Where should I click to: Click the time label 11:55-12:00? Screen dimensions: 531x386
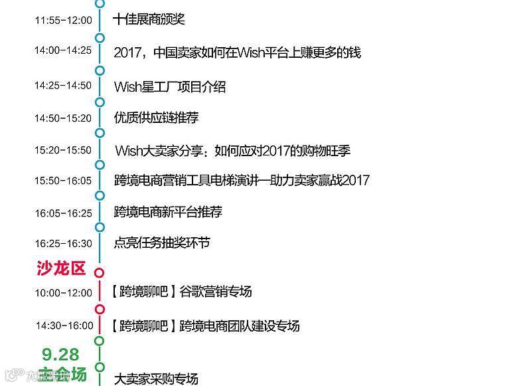pyautogui.click(x=63, y=21)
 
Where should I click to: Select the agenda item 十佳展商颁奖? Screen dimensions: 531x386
pyautogui.click(x=149, y=19)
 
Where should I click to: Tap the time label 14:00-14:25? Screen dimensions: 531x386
pyautogui.click(x=63, y=50)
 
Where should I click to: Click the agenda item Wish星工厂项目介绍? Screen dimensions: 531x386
pyautogui.click(x=170, y=87)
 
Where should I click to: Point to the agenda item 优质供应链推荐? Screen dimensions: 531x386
pyautogui.click(x=156, y=118)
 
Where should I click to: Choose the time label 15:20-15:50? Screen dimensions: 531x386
pyautogui.click(x=63, y=150)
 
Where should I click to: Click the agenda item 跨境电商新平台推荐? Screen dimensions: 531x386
pyautogui.click(x=168, y=212)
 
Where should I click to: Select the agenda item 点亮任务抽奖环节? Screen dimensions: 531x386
pyautogui.click(x=162, y=243)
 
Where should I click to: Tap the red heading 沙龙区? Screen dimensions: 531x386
pyautogui.click(x=61, y=268)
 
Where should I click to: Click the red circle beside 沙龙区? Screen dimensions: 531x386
pyautogui.click(x=100, y=272)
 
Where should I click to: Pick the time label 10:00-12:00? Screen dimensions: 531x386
pyautogui.click(x=63, y=293)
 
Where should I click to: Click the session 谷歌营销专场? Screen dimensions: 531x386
pyautogui.click(x=216, y=292)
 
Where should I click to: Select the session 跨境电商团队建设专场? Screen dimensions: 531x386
pyautogui.click(x=240, y=326)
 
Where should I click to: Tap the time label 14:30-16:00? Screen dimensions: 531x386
pyautogui.click(x=64, y=326)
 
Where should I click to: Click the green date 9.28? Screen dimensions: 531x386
pyautogui.click(x=60, y=354)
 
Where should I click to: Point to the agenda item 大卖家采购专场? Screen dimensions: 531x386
pyautogui.click(x=156, y=379)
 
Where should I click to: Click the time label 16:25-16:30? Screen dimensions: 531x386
pyautogui.click(x=63, y=244)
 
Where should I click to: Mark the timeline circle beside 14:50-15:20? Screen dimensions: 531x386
pyautogui.click(x=100, y=102)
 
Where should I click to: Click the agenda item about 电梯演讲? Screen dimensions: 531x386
pyautogui.click(x=242, y=180)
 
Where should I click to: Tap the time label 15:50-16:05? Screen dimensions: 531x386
pyautogui.click(x=63, y=181)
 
